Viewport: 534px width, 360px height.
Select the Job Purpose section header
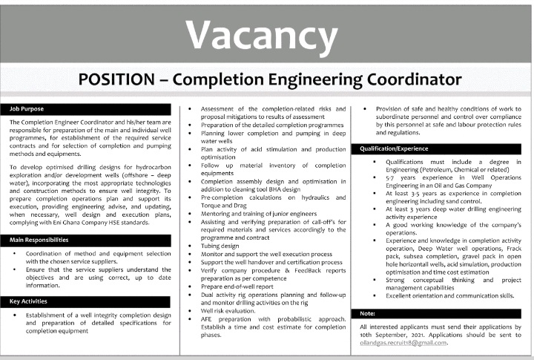pyautogui.click(x=27, y=108)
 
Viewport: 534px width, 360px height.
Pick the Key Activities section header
pyautogui.click(x=29, y=301)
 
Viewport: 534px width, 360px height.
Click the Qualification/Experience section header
pyautogui.click(x=395, y=148)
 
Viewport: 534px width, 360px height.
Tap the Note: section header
pyautogui.click(x=368, y=313)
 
